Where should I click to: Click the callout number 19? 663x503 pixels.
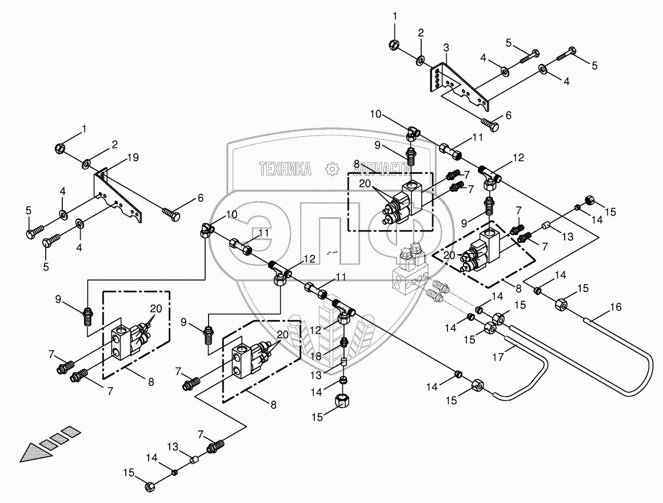coord(133,158)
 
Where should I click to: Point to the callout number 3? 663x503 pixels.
coord(446,48)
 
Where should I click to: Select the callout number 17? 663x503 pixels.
coord(498,357)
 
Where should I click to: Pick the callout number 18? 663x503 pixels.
coord(315,356)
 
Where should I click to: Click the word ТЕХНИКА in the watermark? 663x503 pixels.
coord(285,169)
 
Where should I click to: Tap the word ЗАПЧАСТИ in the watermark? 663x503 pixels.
coord(381,169)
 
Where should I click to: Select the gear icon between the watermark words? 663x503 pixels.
coord(332,169)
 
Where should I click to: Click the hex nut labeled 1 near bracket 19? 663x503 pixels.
coord(60,148)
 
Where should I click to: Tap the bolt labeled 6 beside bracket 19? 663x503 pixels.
coord(171,213)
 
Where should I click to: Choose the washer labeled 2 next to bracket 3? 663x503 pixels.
coord(421,61)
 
